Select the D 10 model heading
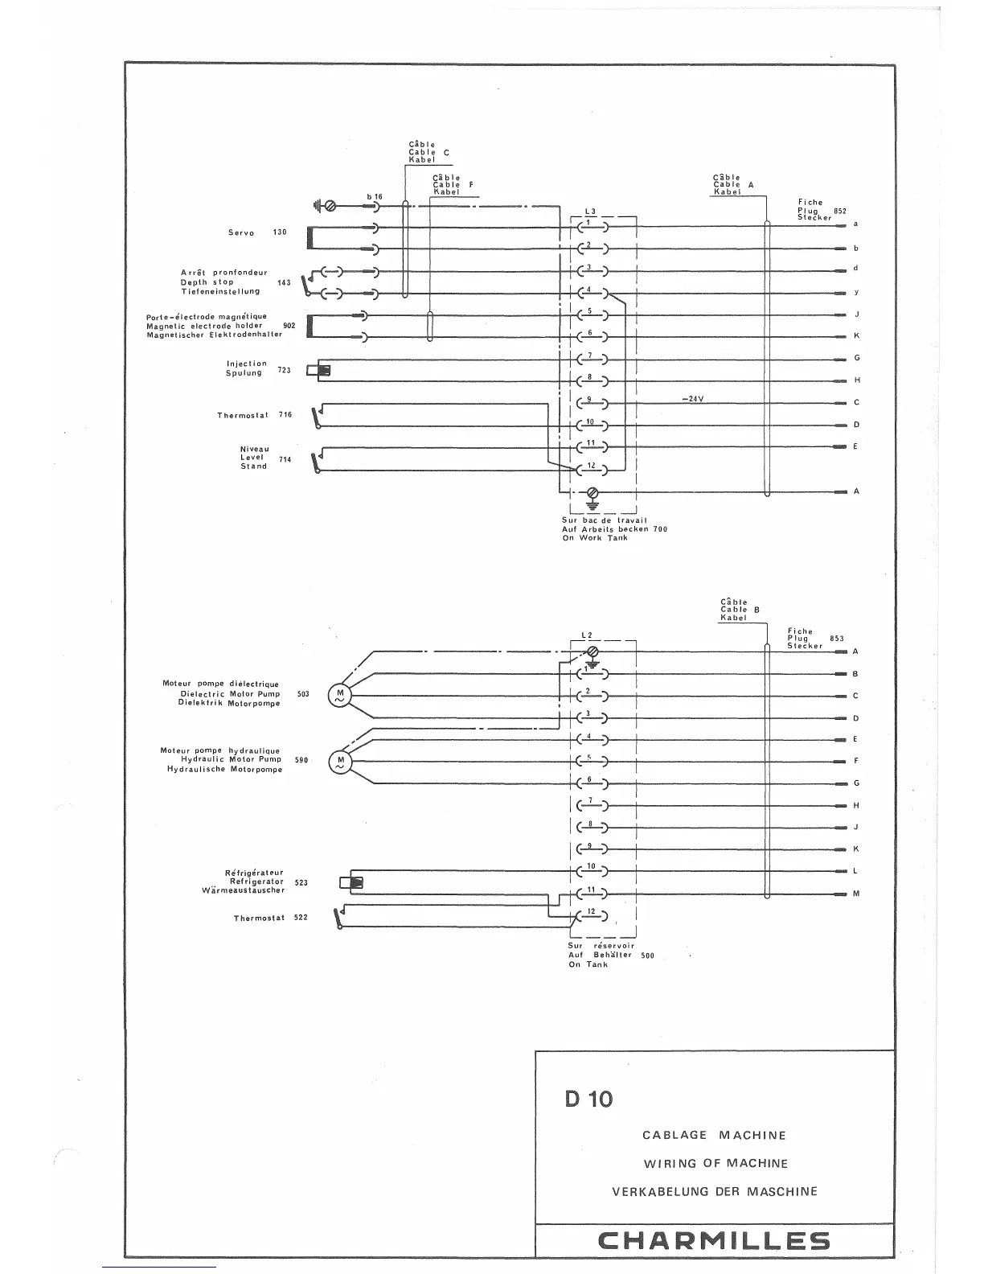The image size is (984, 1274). [588, 1099]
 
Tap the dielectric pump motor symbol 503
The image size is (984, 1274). [338, 696]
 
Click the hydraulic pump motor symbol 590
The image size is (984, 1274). [339, 762]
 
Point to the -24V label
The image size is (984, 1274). [692, 399]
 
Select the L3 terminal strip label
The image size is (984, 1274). [590, 212]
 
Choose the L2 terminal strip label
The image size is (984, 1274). [586, 635]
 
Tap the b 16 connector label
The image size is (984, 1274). [375, 196]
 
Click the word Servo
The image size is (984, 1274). [241, 233]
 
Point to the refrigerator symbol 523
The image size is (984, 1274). [352, 882]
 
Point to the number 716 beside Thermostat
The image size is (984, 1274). [285, 415]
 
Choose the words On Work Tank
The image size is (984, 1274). [595, 538]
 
